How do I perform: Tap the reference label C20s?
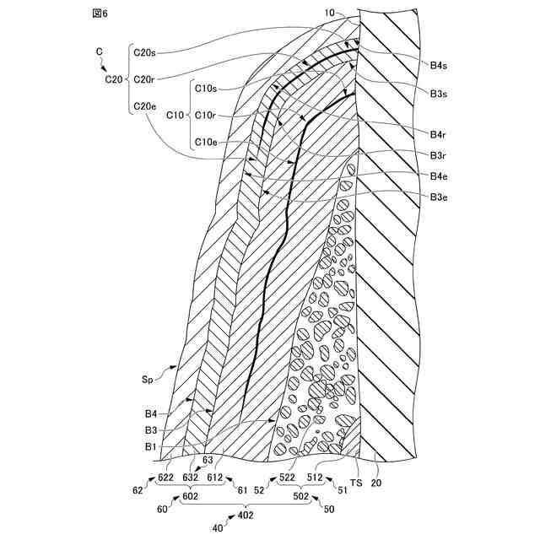click(x=145, y=52)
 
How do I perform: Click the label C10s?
click(x=206, y=88)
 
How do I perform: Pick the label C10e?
click(x=206, y=142)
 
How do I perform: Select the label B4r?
click(x=438, y=134)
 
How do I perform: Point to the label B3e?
click(x=438, y=197)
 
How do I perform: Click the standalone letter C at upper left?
click(x=100, y=52)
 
